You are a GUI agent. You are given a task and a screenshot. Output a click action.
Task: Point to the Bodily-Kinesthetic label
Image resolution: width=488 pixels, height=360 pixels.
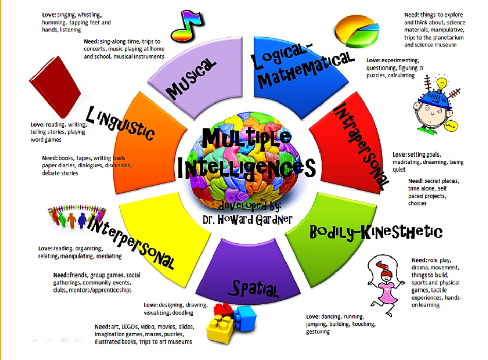coord(376,232)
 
